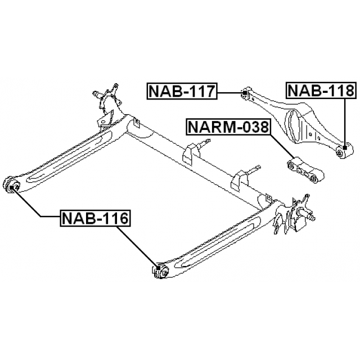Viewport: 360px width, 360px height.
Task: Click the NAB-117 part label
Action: point(182,91)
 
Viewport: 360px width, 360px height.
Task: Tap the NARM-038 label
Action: point(228,127)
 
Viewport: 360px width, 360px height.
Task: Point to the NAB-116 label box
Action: point(95,218)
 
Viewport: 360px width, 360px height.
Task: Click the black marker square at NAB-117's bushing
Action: point(245,93)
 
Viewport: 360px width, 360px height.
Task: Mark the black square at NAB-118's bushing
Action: point(345,147)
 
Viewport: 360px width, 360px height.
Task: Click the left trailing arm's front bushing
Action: point(12,185)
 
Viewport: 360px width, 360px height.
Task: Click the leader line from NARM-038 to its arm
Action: point(283,147)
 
